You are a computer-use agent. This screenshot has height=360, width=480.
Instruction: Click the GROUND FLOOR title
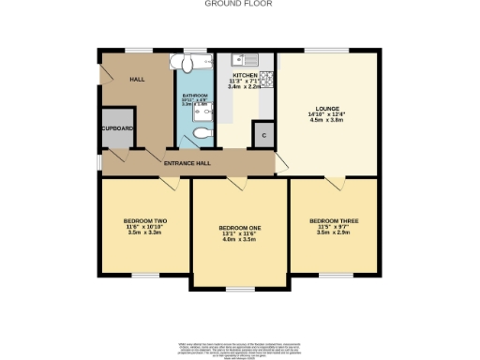(239, 4)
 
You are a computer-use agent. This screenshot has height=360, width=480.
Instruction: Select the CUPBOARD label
(118, 128)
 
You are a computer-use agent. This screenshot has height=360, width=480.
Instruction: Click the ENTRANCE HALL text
(187, 163)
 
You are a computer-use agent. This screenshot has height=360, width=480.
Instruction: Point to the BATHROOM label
(194, 96)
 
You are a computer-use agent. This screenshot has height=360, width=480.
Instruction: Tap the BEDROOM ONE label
(239, 228)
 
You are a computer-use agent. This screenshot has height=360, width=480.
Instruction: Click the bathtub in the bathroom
(194, 64)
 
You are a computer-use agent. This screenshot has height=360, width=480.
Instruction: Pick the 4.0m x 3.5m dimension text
(239, 239)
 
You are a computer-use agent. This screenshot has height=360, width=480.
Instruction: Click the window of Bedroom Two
(144, 275)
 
